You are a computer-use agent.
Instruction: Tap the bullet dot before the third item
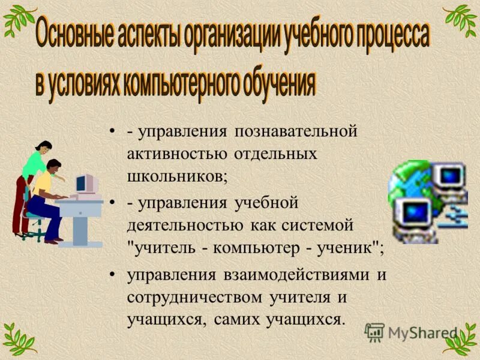coord(112,275)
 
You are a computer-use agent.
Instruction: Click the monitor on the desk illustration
coord(85,184)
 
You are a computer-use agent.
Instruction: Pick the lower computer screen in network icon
coord(413,212)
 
